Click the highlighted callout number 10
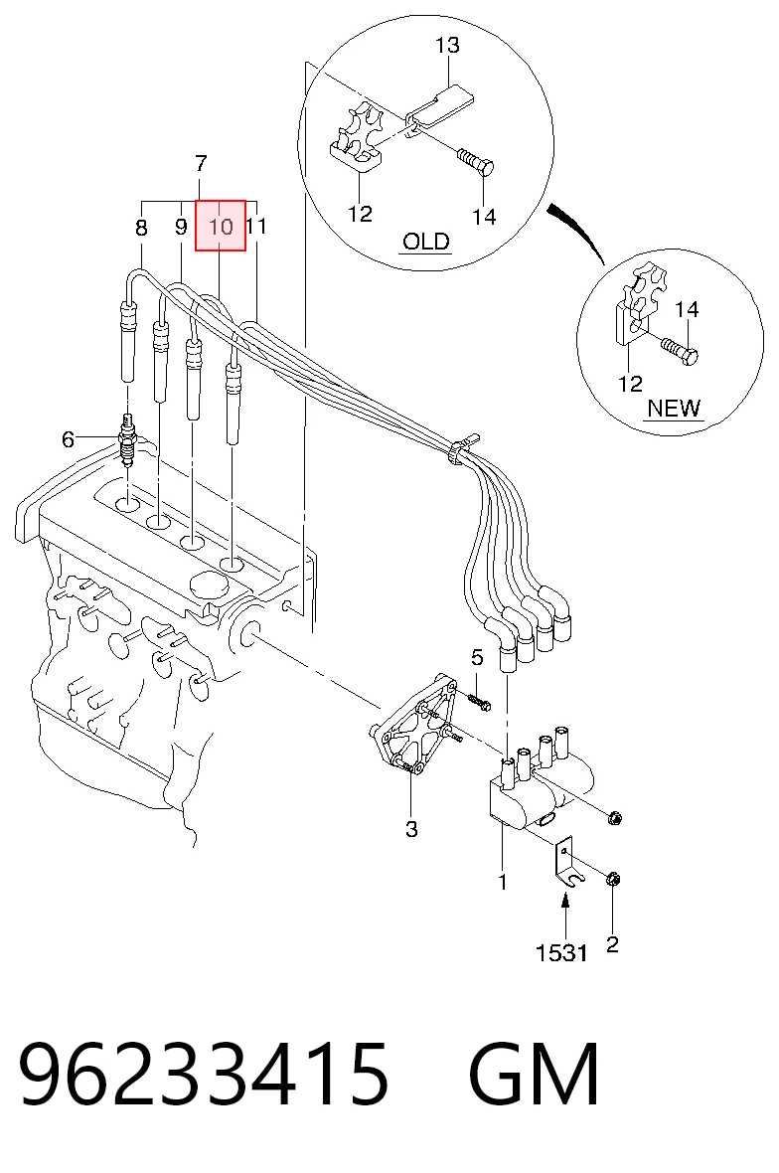221,226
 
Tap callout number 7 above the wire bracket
201,163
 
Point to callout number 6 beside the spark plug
68,439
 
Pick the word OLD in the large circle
425,241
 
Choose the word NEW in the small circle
674,408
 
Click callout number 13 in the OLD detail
447,45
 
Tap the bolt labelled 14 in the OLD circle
475,161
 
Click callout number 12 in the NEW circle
630,384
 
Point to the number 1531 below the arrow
560,952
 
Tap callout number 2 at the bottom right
612,944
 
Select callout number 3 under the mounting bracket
411,829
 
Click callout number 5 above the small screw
477,657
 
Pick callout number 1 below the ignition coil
503,882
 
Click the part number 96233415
204,1075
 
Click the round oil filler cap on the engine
208,585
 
